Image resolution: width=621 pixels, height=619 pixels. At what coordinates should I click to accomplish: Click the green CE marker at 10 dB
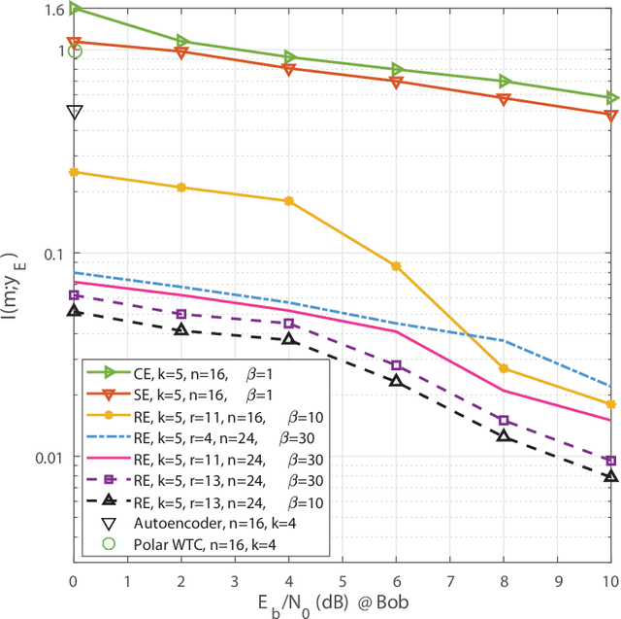pyautogui.click(x=611, y=97)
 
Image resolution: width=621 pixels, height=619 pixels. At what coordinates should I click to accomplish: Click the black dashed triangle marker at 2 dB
pyautogui.click(x=181, y=329)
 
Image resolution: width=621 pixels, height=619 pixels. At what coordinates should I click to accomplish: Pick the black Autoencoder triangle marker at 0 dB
pyautogui.click(x=75, y=112)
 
